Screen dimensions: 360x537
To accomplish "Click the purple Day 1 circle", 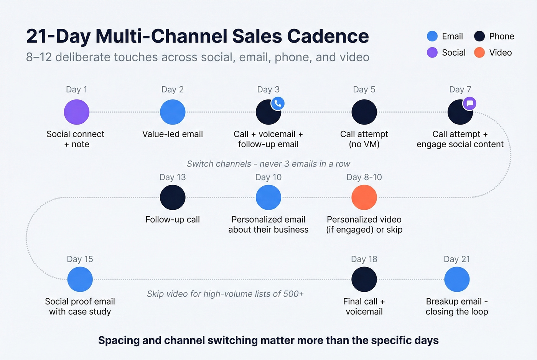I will [x=77, y=112].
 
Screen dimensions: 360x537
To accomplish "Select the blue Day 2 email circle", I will [x=173, y=112].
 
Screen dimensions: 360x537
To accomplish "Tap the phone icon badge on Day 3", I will [x=278, y=103].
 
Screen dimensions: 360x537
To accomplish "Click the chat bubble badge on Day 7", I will [x=469, y=103].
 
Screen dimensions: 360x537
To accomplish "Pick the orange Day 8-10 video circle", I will [x=364, y=197].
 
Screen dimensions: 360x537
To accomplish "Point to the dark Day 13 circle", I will [x=173, y=197].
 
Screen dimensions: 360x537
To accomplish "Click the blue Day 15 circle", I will [x=80, y=279].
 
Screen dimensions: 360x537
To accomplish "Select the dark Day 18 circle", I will [x=364, y=279].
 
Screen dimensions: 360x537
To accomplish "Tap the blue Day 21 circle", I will [x=457, y=279].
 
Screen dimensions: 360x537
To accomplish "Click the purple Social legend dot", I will [x=432, y=53].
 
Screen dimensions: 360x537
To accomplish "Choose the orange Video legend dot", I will [x=479, y=53].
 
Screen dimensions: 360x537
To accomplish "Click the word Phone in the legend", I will [x=501, y=36].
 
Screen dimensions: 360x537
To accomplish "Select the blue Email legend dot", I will [x=432, y=36].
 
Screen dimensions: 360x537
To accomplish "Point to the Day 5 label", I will [x=364, y=90].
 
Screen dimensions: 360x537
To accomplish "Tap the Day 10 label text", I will [x=268, y=177].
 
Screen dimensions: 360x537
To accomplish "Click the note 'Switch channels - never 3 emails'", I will [x=268, y=164].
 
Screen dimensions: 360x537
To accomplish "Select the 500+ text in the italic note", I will [x=293, y=294].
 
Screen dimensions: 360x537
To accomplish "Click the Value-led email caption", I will [x=173, y=134].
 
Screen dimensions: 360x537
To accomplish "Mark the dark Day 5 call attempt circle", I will [x=364, y=112].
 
